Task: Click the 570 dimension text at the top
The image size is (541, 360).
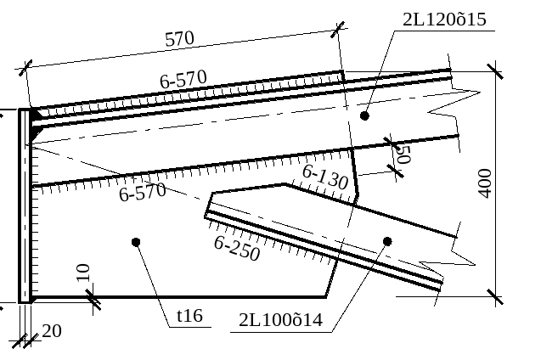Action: [x=180, y=39]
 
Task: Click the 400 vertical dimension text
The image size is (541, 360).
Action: [x=485, y=183]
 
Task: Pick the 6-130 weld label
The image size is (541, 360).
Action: [x=324, y=177]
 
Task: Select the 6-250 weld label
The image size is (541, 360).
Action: [x=237, y=248]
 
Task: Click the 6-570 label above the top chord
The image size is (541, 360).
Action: [x=183, y=80]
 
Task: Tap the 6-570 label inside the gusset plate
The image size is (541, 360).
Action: [x=142, y=192]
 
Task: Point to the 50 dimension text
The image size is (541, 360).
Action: [x=403, y=155]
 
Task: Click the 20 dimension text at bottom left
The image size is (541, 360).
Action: [x=51, y=331]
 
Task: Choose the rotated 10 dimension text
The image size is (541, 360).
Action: [x=82, y=273]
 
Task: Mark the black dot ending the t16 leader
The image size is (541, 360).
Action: [x=136, y=242]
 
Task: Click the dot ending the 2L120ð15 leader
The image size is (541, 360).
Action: [x=365, y=115]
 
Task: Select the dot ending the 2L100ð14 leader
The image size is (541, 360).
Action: [x=387, y=241]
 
